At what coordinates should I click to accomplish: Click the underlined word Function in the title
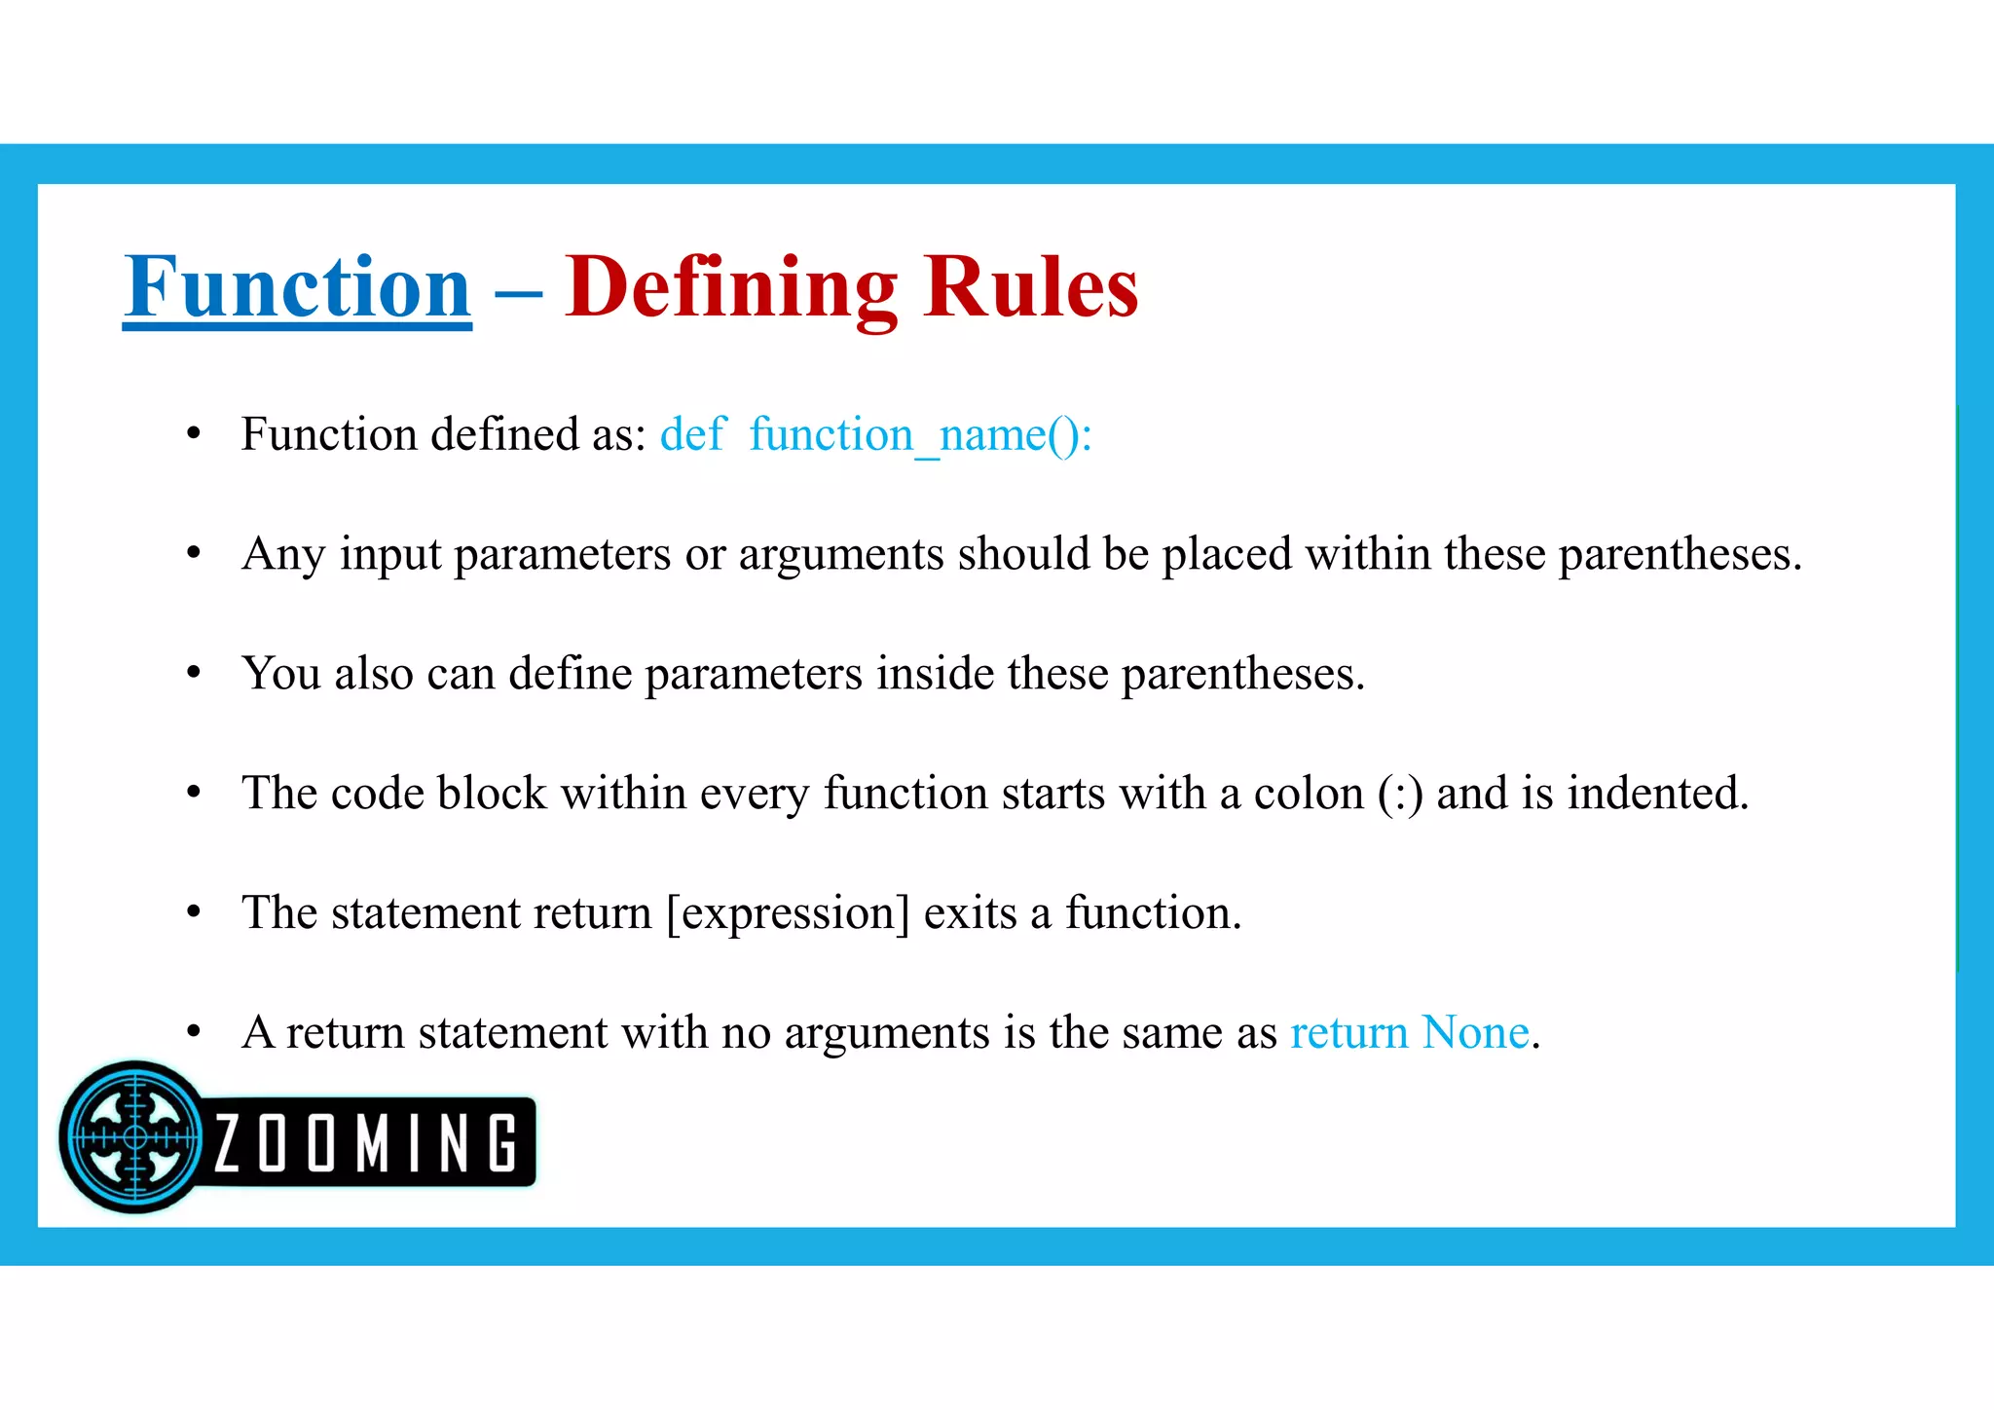297,287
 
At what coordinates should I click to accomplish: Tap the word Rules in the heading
1031,287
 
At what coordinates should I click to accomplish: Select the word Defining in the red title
731,287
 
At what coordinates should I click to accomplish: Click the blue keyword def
691,434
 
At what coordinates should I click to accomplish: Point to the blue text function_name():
920,434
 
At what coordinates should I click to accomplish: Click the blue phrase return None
1409,1032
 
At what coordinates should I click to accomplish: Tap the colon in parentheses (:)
1400,794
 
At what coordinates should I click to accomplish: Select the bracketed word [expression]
788,913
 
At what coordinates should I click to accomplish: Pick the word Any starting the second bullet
283,554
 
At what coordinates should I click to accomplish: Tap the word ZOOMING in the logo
365,1143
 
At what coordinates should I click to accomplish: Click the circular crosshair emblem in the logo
134,1136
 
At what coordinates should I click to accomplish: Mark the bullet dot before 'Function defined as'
194,433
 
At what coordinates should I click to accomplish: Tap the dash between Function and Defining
518,292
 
